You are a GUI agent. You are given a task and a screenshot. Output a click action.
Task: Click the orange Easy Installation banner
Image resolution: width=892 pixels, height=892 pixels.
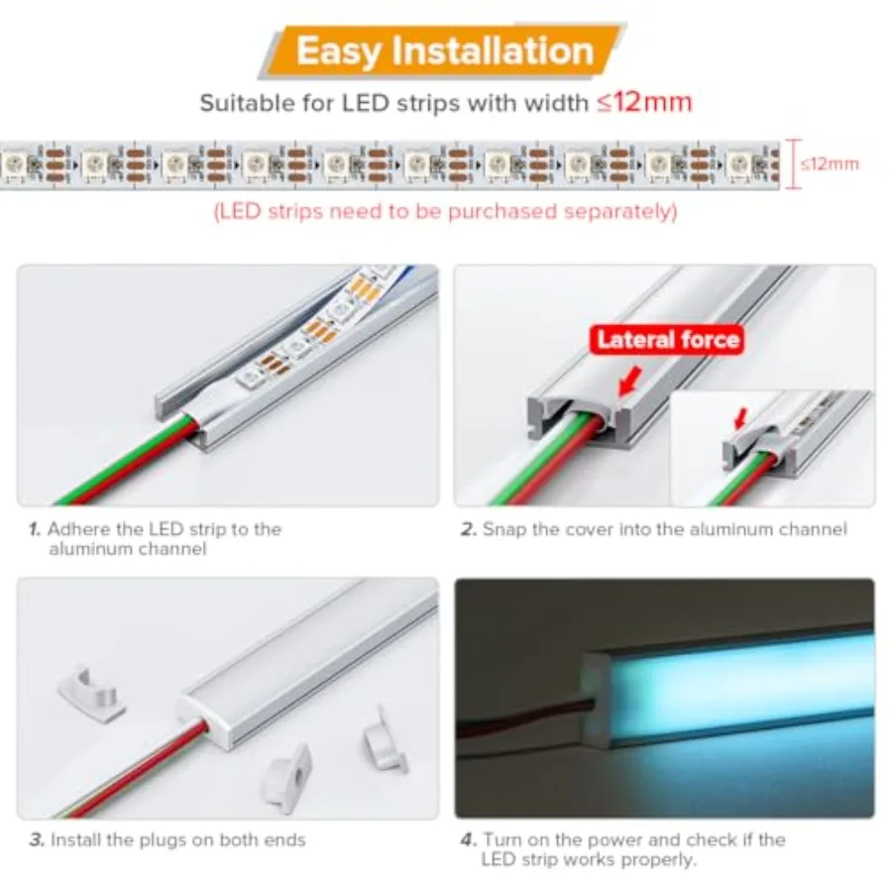[x=444, y=52]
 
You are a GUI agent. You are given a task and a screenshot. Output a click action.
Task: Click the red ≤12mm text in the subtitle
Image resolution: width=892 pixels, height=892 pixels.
[x=644, y=102]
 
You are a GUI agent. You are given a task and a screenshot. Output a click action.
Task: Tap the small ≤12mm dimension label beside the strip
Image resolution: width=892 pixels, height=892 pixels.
[x=830, y=164]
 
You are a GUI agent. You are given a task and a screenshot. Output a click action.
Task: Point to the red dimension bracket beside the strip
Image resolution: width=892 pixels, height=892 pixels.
[x=795, y=164]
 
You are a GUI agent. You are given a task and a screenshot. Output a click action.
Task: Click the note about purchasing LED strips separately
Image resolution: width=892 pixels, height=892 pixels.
[x=445, y=212]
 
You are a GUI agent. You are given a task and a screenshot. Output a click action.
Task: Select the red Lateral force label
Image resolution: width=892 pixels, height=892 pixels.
[x=667, y=340]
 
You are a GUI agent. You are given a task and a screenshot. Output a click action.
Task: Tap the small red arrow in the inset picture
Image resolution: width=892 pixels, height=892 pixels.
[x=740, y=418]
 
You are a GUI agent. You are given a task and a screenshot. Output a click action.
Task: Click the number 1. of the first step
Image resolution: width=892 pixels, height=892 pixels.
[x=35, y=529]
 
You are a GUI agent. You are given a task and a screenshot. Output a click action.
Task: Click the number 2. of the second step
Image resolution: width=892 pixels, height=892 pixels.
[x=468, y=529]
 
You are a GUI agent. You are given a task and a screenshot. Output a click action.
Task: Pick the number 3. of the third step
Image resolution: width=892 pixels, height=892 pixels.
[x=37, y=840]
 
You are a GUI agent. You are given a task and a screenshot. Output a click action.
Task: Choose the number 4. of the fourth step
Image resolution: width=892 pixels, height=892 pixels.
[x=468, y=840]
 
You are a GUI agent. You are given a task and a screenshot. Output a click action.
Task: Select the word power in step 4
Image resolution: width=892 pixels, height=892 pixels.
[x=613, y=840]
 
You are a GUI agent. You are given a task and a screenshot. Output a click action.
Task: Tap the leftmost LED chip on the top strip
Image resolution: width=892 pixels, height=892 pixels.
[x=13, y=165]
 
